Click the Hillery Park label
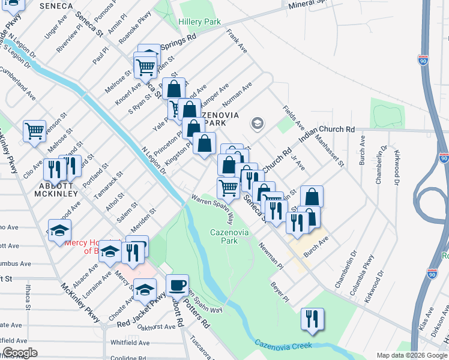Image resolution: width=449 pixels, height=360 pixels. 199,22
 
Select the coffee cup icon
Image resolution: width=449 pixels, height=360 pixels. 177,285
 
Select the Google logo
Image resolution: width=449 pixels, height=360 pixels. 20,353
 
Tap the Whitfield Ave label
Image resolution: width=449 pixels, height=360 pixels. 130,343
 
